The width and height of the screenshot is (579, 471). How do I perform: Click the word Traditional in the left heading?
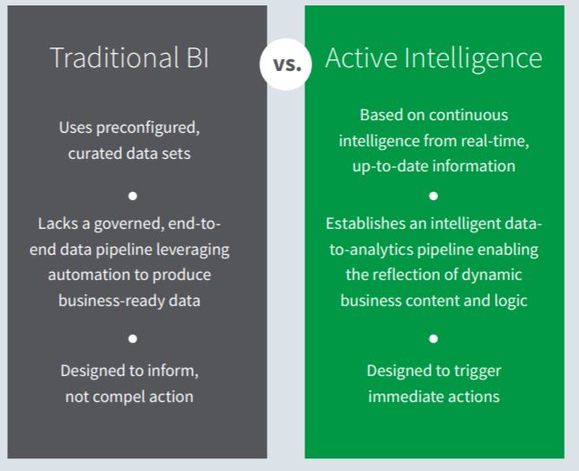pos(114,57)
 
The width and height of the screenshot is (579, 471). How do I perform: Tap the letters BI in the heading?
pos(197,57)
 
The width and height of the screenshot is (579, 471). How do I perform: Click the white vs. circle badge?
pos(285,65)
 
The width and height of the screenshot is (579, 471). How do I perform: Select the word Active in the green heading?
pos(361,57)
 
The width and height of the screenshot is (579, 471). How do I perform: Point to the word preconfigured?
pos(148,128)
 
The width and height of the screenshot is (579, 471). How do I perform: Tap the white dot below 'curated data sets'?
pos(133,196)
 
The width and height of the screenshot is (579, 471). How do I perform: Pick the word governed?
pos(129,224)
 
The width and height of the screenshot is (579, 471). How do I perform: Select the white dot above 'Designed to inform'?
pos(133,338)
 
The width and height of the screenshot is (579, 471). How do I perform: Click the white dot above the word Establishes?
pos(434,196)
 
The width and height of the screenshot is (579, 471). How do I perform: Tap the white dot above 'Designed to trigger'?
pos(434,338)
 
